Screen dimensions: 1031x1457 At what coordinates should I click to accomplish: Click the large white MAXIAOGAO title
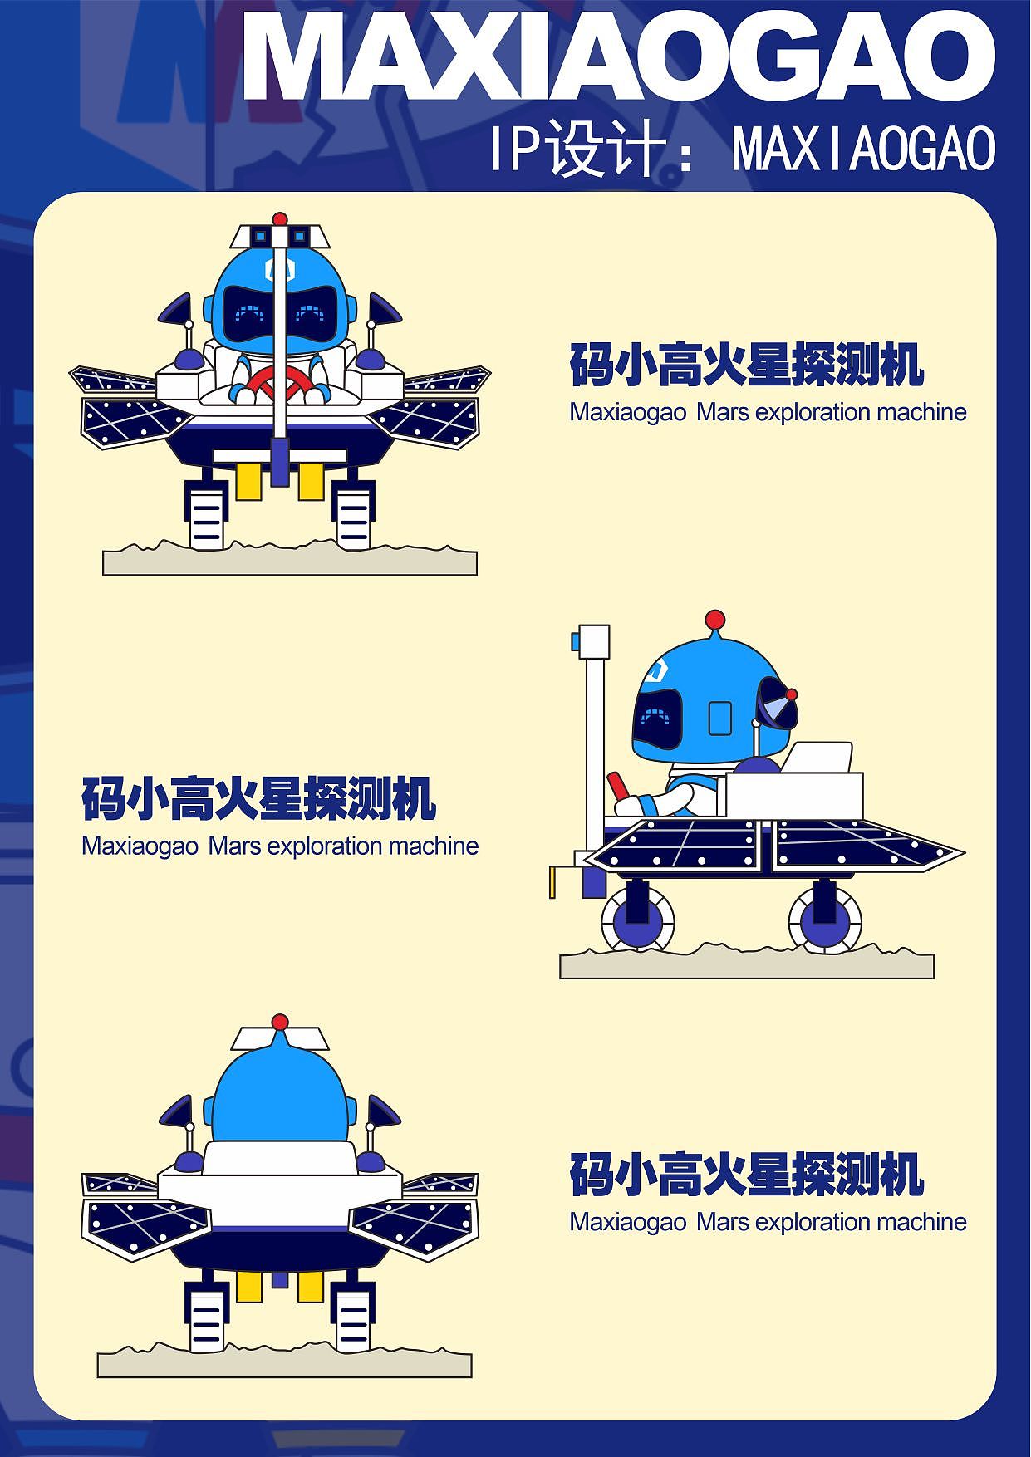coord(619,56)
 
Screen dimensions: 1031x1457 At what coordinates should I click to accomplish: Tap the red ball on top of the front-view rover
coord(280,219)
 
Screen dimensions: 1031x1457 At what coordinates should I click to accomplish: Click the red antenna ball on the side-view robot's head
coord(714,620)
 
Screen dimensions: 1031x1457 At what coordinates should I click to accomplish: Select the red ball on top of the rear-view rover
coord(280,1021)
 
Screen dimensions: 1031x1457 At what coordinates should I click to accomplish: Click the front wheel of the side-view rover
coord(638,919)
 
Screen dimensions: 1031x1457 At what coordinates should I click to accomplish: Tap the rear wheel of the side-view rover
coord(825,919)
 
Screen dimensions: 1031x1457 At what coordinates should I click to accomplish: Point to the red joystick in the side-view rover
coord(619,788)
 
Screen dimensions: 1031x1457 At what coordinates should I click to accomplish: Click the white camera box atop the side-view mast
coord(592,641)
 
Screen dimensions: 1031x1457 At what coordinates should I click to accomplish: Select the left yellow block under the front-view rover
coord(248,481)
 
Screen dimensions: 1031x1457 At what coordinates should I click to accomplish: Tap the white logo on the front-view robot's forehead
coord(280,267)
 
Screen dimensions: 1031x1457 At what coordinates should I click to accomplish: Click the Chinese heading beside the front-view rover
coord(747,365)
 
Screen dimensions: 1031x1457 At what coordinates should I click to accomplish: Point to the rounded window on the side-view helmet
coord(719,719)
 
